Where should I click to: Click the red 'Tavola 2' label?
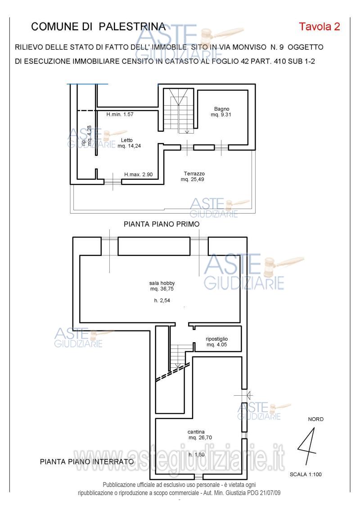tap(319, 27)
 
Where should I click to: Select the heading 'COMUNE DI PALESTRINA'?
tap(98, 27)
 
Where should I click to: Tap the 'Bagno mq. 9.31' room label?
tap(221, 112)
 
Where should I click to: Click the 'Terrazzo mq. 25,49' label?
tap(193, 176)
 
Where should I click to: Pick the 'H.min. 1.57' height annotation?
tap(120, 114)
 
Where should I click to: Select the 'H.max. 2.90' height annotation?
tap(139, 174)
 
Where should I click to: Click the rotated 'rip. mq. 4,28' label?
tap(86, 135)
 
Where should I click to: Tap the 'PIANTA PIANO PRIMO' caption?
tap(162, 224)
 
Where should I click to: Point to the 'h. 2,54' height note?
tap(162, 301)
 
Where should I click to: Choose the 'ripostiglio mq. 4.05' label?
tap(217, 342)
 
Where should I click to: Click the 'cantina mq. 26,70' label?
tap(199, 435)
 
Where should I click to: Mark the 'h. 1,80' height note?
tap(197, 455)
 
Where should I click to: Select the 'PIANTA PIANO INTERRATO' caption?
tap(87, 462)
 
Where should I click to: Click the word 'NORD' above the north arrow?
tap(315, 419)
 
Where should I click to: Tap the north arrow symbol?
tap(307, 446)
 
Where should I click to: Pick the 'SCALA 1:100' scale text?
tap(306, 474)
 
